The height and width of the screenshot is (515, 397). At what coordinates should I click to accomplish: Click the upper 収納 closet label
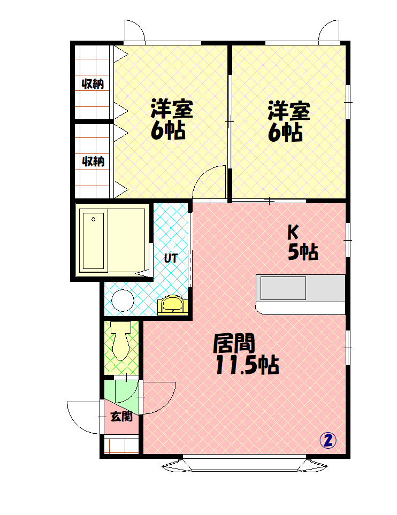(93, 84)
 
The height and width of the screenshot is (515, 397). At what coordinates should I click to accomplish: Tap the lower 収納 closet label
(93, 162)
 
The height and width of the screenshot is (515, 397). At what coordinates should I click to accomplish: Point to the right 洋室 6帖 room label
(288, 121)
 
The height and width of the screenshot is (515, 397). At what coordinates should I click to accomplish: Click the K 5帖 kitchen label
(303, 243)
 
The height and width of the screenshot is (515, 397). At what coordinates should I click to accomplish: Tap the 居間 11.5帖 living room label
(247, 354)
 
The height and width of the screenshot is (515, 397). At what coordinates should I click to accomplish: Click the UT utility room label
(171, 258)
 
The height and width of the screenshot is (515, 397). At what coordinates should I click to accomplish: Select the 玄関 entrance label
(121, 417)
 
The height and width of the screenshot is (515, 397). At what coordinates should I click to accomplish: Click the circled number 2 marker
(328, 441)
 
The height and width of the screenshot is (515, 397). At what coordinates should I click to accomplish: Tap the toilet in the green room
(120, 340)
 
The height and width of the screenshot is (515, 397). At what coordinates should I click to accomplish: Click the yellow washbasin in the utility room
(172, 305)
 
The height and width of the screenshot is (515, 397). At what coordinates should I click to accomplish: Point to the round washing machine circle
(123, 301)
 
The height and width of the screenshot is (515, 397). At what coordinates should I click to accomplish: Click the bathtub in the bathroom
(94, 241)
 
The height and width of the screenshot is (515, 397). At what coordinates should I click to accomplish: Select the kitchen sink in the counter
(283, 288)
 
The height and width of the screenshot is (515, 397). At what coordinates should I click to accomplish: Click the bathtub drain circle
(93, 219)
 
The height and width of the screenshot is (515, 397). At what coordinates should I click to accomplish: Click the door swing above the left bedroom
(138, 26)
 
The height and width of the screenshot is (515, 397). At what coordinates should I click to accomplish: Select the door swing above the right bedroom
(325, 26)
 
